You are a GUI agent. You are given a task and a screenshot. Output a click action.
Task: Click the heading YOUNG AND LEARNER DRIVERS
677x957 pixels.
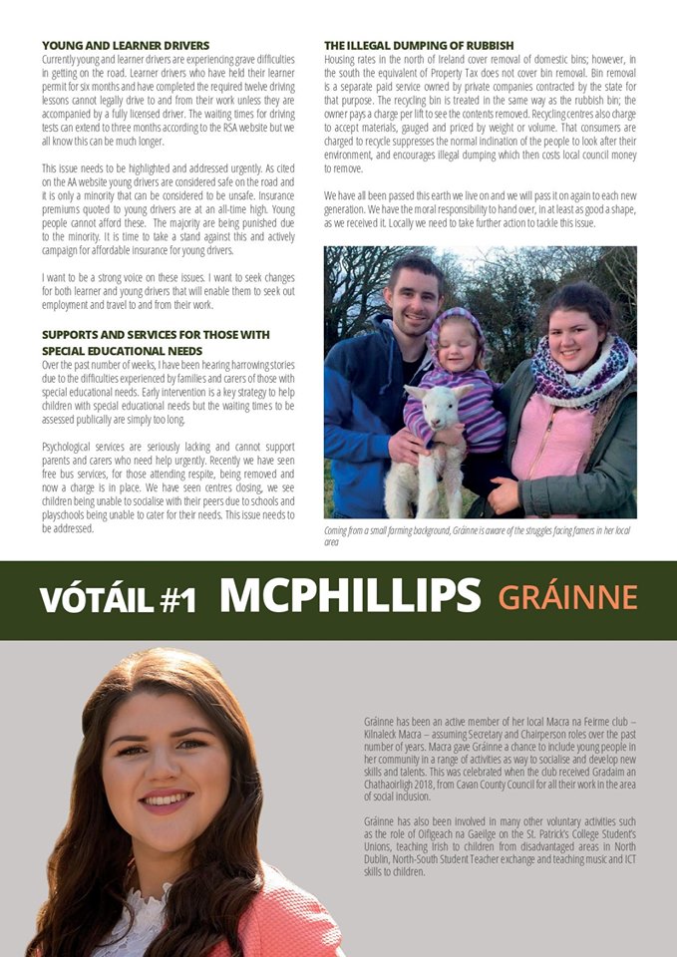126,46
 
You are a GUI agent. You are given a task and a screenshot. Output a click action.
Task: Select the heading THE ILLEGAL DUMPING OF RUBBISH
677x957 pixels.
419,46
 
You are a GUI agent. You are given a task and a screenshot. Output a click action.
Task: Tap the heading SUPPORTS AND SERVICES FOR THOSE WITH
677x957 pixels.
156,333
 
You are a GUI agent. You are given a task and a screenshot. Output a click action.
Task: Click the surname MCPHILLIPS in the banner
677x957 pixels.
350,596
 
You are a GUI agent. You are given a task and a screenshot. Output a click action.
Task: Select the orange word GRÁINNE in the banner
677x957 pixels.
566,597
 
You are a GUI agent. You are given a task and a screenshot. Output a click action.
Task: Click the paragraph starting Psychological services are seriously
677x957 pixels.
169,482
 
